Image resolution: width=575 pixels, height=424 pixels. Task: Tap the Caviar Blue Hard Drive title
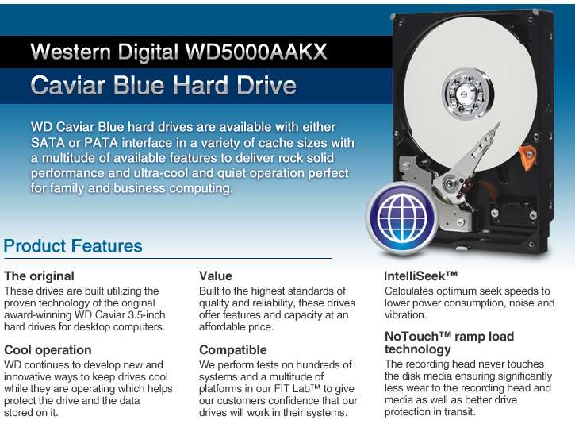click(x=163, y=85)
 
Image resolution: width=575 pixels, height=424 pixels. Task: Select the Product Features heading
click(x=73, y=245)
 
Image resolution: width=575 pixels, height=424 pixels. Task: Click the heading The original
click(x=39, y=276)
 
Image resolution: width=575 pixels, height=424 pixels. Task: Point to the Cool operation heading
click(x=48, y=349)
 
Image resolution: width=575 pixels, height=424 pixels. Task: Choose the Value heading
click(x=216, y=276)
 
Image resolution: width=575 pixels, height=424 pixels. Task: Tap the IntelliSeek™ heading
click(x=421, y=276)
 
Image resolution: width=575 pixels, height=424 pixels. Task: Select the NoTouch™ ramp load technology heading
click(x=449, y=342)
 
